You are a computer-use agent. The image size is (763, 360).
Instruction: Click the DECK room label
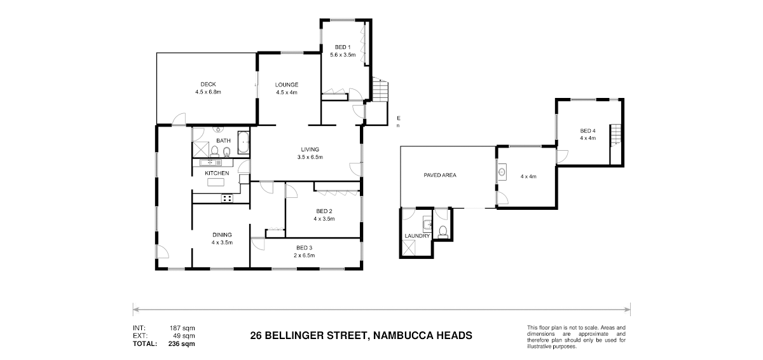pos(208,85)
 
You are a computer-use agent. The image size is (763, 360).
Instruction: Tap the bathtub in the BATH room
pos(243,142)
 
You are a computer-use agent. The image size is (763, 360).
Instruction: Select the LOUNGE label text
pos(287,85)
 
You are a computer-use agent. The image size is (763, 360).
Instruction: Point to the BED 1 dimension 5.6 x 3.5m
pos(343,55)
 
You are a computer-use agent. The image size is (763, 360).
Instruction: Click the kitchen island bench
pos(216,182)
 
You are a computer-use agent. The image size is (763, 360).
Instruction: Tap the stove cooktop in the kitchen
pos(227,198)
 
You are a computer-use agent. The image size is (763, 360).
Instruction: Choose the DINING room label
pos(222,235)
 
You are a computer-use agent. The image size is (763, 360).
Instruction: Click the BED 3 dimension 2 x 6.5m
pos(304,256)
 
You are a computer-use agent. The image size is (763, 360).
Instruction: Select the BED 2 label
pos(324,211)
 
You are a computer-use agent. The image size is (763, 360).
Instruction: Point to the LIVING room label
pos(310,149)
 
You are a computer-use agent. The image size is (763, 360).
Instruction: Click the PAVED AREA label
pos(440,176)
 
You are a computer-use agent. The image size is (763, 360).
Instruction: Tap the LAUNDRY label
pos(417,236)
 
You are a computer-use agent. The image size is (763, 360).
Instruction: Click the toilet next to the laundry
pos(443,232)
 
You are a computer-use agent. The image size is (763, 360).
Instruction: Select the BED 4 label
pos(588,131)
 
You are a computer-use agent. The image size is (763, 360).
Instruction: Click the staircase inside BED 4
pos(615,134)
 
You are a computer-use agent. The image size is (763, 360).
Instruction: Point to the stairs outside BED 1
pos(380,89)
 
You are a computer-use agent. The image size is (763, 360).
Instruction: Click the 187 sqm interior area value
pos(182,328)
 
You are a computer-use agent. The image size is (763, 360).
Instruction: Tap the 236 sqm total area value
pos(182,344)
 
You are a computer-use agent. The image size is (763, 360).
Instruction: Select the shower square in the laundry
pos(409,247)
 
